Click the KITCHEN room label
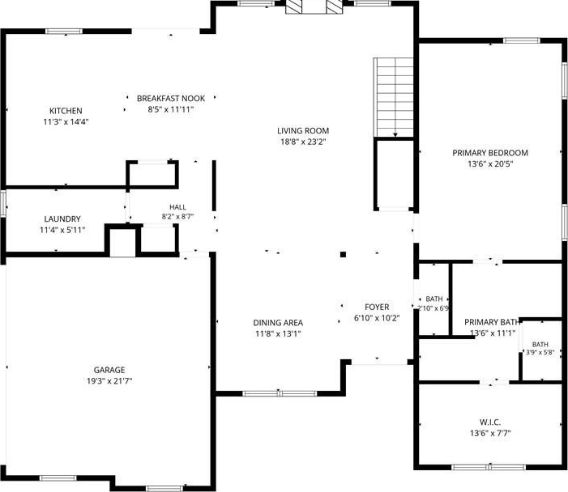(66, 111)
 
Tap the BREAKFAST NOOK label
(171, 99)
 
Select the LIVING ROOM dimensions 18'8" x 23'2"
(303, 142)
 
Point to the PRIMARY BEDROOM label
(490, 153)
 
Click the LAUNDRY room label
(62, 218)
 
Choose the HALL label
(177, 207)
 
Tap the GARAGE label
(109, 370)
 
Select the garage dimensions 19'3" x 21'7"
(109, 381)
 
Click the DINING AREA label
(278, 323)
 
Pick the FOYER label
(377, 307)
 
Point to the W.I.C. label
(490, 422)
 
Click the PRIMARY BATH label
(492, 322)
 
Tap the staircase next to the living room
(394, 97)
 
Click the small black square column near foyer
(343, 254)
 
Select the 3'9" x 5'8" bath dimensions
(540, 352)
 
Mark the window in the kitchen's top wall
(64, 32)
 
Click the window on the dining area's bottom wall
(280, 393)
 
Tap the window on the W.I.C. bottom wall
(489, 467)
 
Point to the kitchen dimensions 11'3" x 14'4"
(66, 122)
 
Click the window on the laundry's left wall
(3, 204)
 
